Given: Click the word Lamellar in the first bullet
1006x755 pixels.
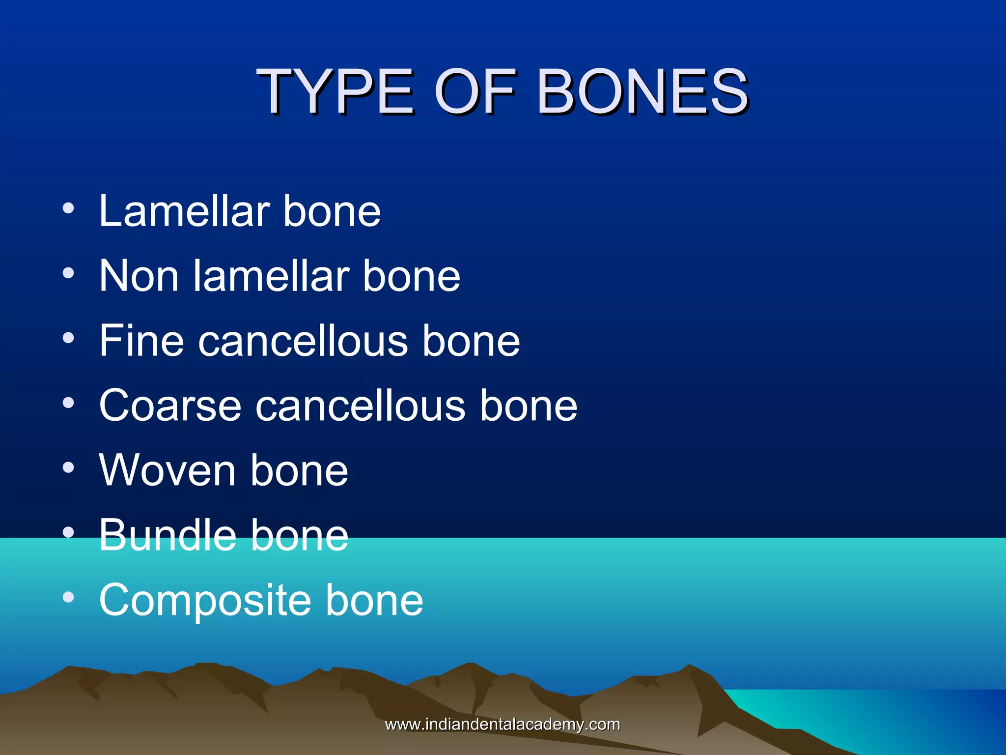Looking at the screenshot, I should [x=184, y=211].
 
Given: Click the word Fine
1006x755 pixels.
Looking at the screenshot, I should [x=141, y=341].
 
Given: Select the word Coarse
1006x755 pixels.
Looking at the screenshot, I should [x=170, y=406].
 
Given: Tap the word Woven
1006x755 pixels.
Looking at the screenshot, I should [x=167, y=470].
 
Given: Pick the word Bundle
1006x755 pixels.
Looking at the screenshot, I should [x=167, y=535].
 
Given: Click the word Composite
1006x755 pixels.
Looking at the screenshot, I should [x=205, y=600].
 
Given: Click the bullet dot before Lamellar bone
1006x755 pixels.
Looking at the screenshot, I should [x=68, y=208].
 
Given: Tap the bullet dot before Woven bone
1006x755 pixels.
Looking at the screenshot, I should [x=68, y=468].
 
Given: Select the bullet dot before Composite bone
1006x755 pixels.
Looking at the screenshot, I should [x=68, y=598].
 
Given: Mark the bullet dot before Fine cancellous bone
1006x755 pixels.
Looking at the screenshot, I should [x=68, y=338].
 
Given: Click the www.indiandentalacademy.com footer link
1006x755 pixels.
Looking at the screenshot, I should [x=502, y=725].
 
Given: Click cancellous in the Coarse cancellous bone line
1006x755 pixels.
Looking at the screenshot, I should [x=360, y=406].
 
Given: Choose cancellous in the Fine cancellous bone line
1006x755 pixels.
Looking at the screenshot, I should [x=303, y=341].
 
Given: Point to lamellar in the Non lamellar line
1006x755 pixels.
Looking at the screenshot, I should [x=271, y=276].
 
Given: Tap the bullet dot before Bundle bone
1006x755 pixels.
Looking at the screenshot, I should [x=68, y=533].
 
